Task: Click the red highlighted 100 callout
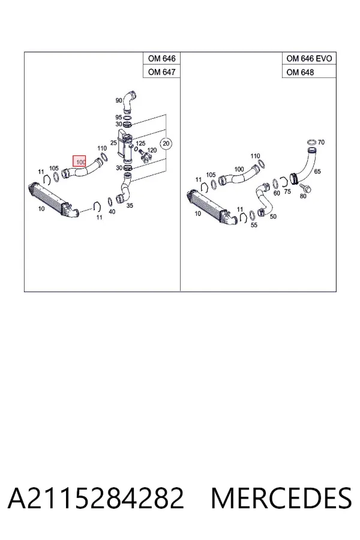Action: pos(79,161)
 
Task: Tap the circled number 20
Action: pos(166,143)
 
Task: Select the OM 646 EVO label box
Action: pos(309,59)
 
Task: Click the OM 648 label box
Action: pos(309,71)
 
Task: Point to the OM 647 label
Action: pos(161,71)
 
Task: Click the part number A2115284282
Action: pos(95,498)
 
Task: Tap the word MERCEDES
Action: pos(281,498)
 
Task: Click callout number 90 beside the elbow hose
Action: pos(119,101)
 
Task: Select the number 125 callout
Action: pos(140,143)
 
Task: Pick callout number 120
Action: pos(152,150)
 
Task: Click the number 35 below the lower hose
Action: pos(130,206)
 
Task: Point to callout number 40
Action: pos(112,211)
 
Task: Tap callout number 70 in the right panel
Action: pos(321,142)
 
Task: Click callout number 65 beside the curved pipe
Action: pos(317,171)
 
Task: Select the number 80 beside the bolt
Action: pos(303,196)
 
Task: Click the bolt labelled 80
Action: pos(305,188)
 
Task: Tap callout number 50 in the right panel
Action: pos(273,216)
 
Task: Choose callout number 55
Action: pos(254,225)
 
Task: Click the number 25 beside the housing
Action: pos(113,143)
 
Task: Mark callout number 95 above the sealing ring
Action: pos(119,118)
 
